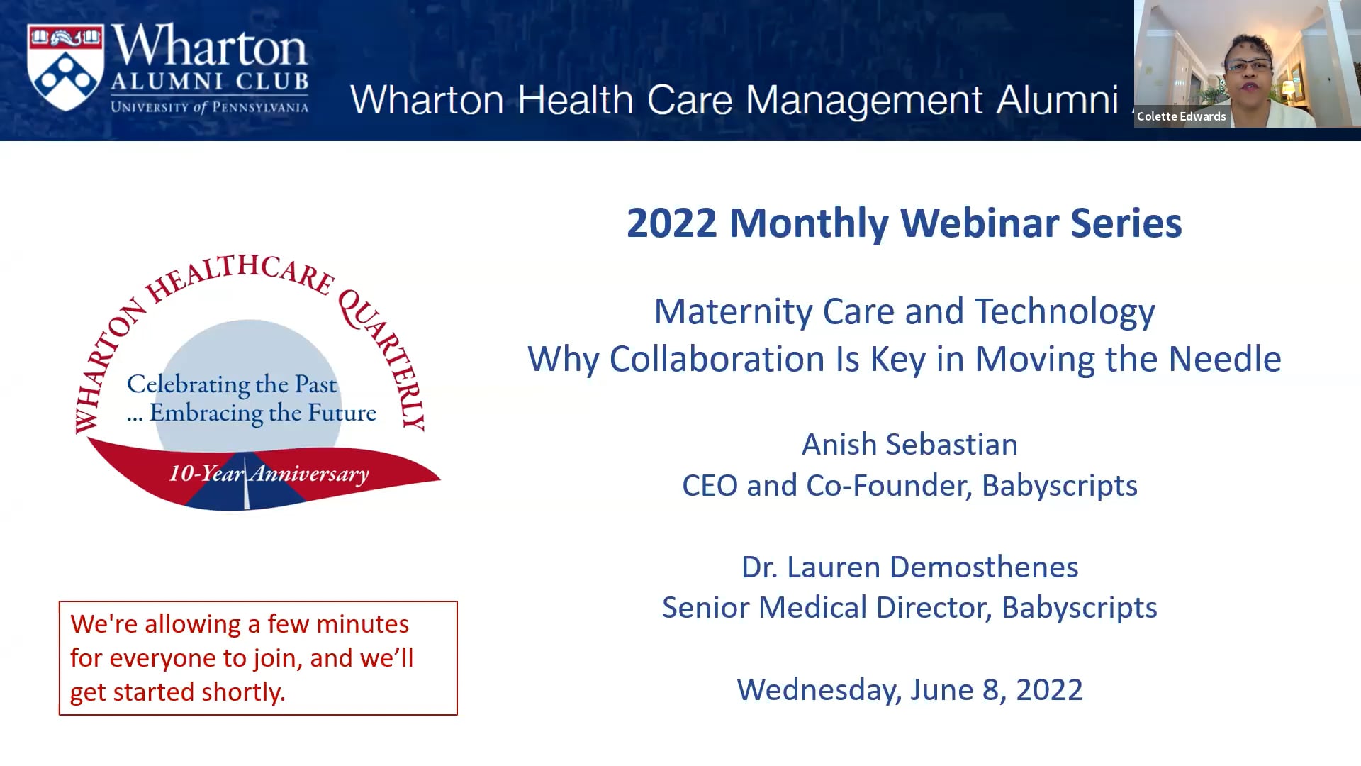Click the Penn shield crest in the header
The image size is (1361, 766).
pyautogui.click(x=65, y=67)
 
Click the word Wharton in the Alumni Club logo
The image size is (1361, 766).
pyautogui.click(x=209, y=46)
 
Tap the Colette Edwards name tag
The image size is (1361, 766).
pyautogui.click(x=1181, y=116)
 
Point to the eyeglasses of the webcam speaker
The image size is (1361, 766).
pyautogui.click(x=1248, y=66)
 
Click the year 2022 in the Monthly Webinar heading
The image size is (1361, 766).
pyautogui.click(x=671, y=223)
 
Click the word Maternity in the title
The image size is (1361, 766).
pyautogui.click(x=733, y=311)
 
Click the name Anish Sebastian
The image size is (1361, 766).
pyautogui.click(x=909, y=445)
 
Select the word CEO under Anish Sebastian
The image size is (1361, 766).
pyautogui.click(x=710, y=486)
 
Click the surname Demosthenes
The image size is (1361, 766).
pyautogui.click(x=984, y=567)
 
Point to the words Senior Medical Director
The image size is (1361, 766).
pyautogui.click(x=827, y=608)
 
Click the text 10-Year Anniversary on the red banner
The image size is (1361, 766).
pyautogui.click(x=269, y=473)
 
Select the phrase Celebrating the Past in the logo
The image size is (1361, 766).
pyautogui.click(x=232, y=384)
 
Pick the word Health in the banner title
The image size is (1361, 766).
pyautogui.click(x=575, y=100)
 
